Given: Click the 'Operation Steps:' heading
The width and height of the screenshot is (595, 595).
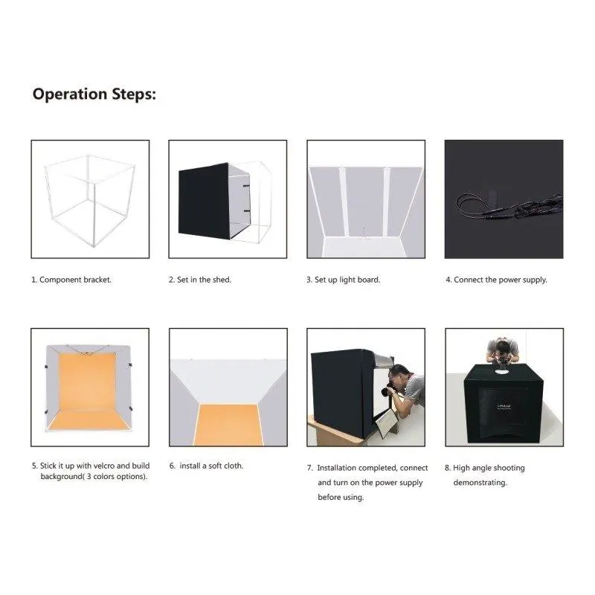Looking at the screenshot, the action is point(94,94).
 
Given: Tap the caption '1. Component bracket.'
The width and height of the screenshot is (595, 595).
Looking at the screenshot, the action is point(71,280).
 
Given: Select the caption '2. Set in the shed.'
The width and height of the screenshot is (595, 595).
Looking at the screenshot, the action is point(200,280).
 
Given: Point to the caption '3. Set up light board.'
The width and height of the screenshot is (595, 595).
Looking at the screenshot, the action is point(344,280).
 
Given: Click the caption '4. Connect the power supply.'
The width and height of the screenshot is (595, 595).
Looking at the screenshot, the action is point(496,280).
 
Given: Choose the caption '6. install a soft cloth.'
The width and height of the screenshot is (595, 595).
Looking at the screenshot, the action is point(207,466).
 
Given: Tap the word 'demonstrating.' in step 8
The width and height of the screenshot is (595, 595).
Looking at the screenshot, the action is point(480,482).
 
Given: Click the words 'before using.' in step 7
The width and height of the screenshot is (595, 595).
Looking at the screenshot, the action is point(341,497).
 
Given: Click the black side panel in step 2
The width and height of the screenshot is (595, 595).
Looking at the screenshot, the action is point(204,201).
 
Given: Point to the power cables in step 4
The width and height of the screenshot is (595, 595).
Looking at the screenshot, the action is point(509,207).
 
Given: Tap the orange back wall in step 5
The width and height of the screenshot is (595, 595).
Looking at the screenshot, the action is point(87,382).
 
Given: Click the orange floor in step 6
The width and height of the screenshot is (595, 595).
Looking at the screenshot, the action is point(228,424).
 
